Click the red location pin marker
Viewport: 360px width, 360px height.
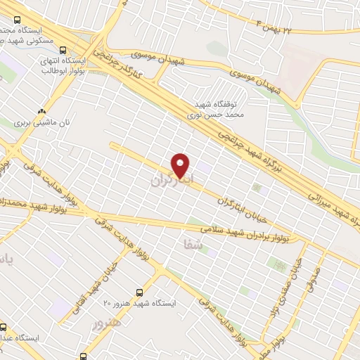181,165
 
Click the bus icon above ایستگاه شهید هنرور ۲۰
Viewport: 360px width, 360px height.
139,292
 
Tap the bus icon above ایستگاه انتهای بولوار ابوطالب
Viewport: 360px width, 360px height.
64,50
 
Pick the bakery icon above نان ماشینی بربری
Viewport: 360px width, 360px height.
41,110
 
